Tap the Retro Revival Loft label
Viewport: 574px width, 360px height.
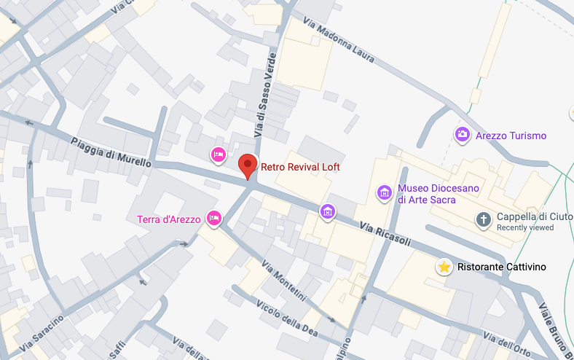point(300,167)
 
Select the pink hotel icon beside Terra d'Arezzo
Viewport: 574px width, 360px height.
point(214,217)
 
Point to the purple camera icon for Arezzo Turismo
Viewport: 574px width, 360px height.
point(462,135)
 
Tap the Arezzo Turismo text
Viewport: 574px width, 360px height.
point(511,136)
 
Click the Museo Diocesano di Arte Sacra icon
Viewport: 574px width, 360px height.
point(384,193)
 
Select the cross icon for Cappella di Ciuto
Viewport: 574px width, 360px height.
point(483,219)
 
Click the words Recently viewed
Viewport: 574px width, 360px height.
point(524,227)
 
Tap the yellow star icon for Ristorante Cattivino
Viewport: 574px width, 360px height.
point(444,267)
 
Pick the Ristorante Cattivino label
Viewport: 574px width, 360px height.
point(502,267)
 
